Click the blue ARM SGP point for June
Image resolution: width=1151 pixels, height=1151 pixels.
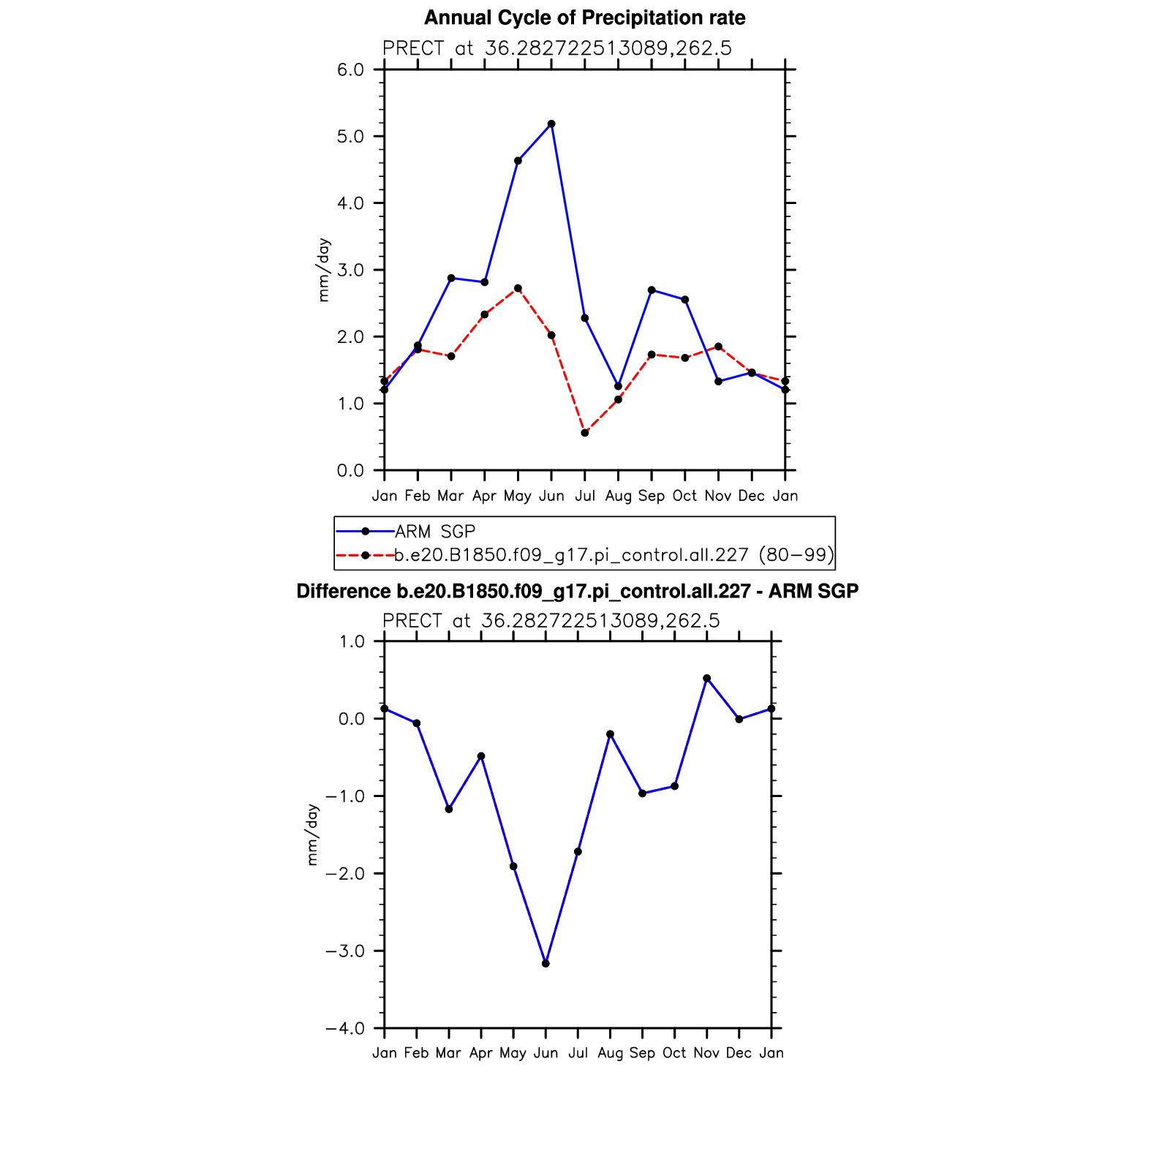pos(551,124)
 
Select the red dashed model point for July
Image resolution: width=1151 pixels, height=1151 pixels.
pos(585,433)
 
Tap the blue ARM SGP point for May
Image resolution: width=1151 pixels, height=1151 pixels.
pos(518,161)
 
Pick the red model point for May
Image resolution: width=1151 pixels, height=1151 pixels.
pos(518,288)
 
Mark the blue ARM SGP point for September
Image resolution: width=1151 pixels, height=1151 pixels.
pos(652,290)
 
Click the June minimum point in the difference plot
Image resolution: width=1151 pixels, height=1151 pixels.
pos(546,964)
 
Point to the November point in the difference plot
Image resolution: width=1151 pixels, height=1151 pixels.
pos(706,679)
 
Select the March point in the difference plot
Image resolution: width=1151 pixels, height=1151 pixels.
pos(449,810)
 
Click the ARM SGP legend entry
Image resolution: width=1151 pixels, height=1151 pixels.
pos(435,532)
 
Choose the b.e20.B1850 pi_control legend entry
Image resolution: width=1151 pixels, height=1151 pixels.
pos(614,555)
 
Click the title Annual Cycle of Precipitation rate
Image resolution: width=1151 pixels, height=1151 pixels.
pos(584,18)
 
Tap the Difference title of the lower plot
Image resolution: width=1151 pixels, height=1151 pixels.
pos(577,591)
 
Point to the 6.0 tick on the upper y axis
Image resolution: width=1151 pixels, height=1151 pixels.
pos(350,69)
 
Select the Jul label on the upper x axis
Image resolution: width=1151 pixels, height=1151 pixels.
pos(585,496)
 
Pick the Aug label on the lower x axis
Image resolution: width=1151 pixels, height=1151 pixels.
pos(610,1053)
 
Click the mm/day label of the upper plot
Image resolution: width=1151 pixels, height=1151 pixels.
pos(324,270)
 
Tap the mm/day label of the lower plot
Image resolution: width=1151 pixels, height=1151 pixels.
pos(313,835)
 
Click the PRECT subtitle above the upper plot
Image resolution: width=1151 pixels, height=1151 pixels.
pos(556,48)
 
